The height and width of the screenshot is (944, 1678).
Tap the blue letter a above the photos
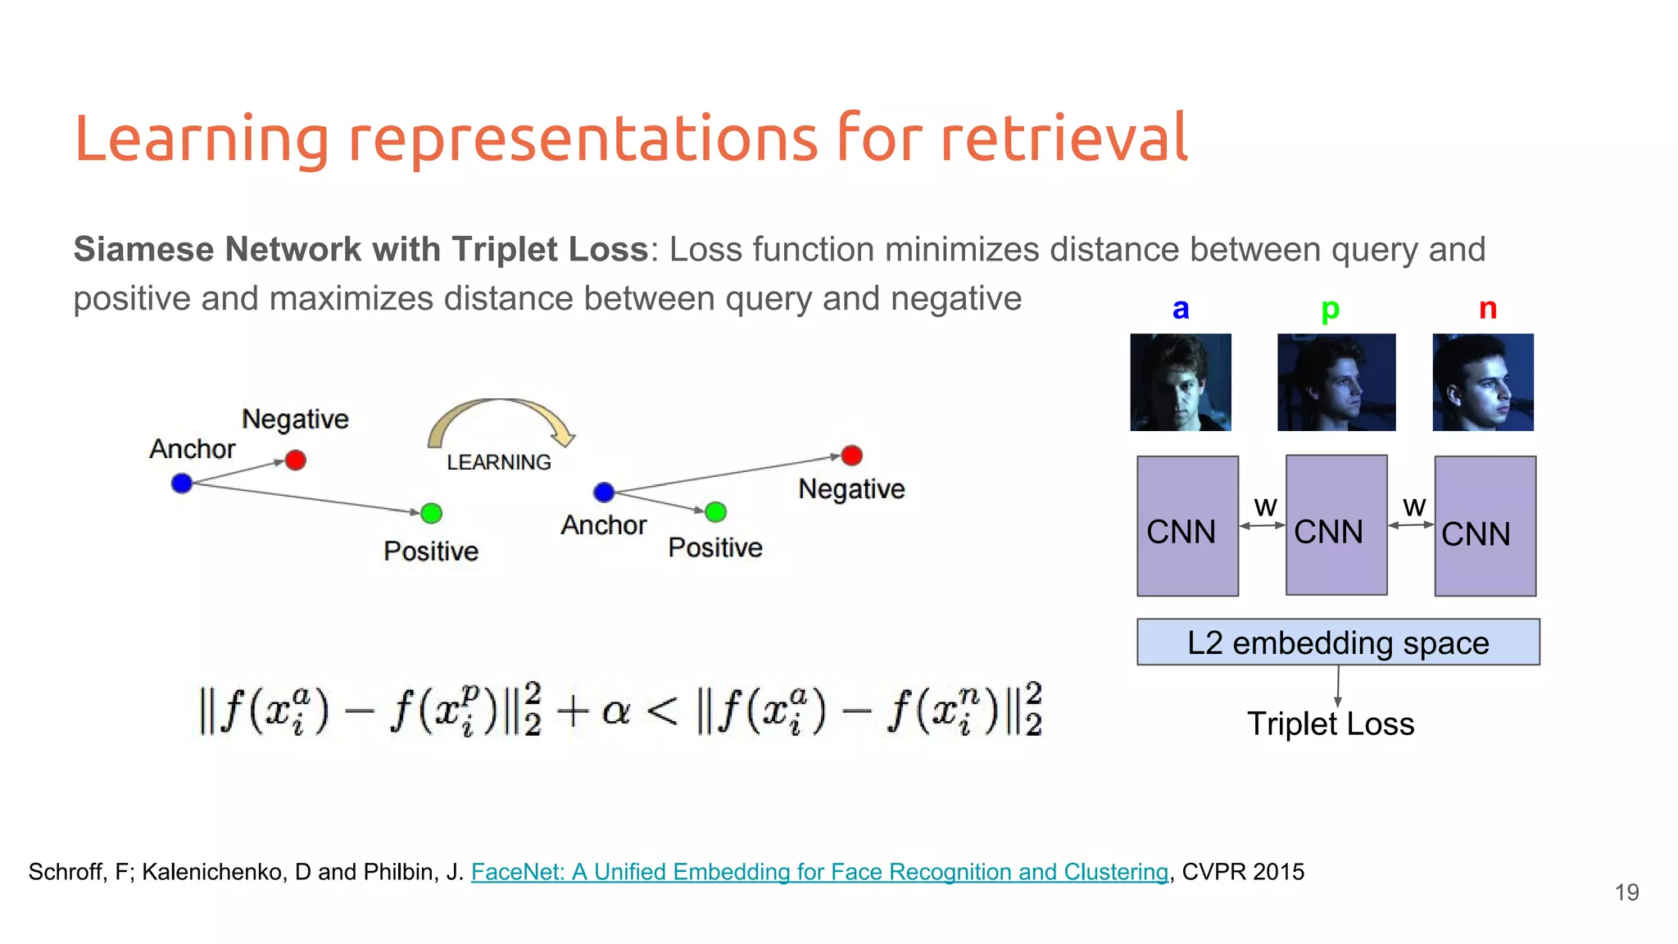pyautogui.click(x=1180, y=310)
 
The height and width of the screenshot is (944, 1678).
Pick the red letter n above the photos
pyautogui.click(x=1487, y=310)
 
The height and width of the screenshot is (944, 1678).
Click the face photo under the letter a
pyautogui.click(x=1180, y=382)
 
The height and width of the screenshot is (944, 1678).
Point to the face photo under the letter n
pyautogui.click(x=1482, y=382)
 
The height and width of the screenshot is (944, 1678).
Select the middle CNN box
pyautogui.click(x=1336, y=525)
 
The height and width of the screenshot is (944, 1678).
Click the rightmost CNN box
pyautogui.click(x=1485, y=526)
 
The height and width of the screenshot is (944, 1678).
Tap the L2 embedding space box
pyautogui.click(x=1337, y=642)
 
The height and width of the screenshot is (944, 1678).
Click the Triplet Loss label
pyautogui.click(x=1330, y=724)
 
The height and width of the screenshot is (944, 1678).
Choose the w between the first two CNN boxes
pyautogui.click(x=1264, y=507)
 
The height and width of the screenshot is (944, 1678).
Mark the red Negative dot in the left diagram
pyautogui.click(x=296, y=460)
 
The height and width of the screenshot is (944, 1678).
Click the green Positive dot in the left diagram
pyautogui.click(x=431, y=514)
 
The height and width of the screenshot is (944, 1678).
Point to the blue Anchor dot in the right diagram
pyautogui.click(x=604, y=492)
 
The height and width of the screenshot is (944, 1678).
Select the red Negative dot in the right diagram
pyautogui.click(x=851, y=455)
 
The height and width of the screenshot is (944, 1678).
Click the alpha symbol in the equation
pyautogui.click(x=615, y=710)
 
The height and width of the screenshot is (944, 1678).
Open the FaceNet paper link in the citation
pyautogui.click(x=819, y=872)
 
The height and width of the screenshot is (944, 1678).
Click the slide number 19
pyautogui.click(x=1626, y=892)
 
